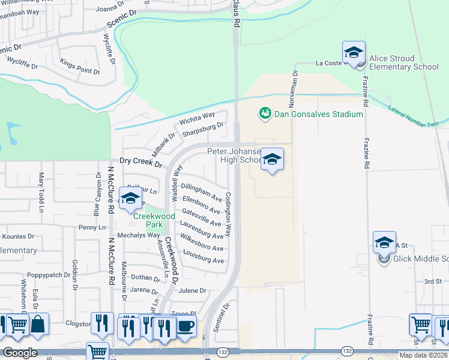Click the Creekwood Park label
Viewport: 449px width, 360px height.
click(154, 220)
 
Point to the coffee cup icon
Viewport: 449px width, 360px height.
click(185, 327)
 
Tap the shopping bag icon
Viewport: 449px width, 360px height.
click(38, 325)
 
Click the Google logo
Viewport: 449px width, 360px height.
click(19, 353)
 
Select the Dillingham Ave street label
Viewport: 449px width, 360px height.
click(202, 192)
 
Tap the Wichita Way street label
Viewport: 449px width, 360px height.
click(197, 119)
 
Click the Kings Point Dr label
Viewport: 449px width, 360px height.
click(80, 67)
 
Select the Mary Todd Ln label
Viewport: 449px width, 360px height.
click(41, 193)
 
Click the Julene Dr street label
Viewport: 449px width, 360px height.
click(193, 290)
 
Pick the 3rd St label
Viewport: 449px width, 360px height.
click(433, 281)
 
